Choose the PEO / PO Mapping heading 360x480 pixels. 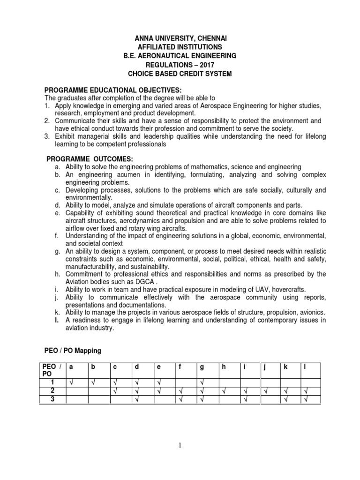point(73,351)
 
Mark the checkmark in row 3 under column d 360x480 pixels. point(136,399)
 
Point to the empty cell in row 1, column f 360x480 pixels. point(186,383)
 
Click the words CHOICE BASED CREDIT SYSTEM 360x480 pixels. point(180,74)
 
